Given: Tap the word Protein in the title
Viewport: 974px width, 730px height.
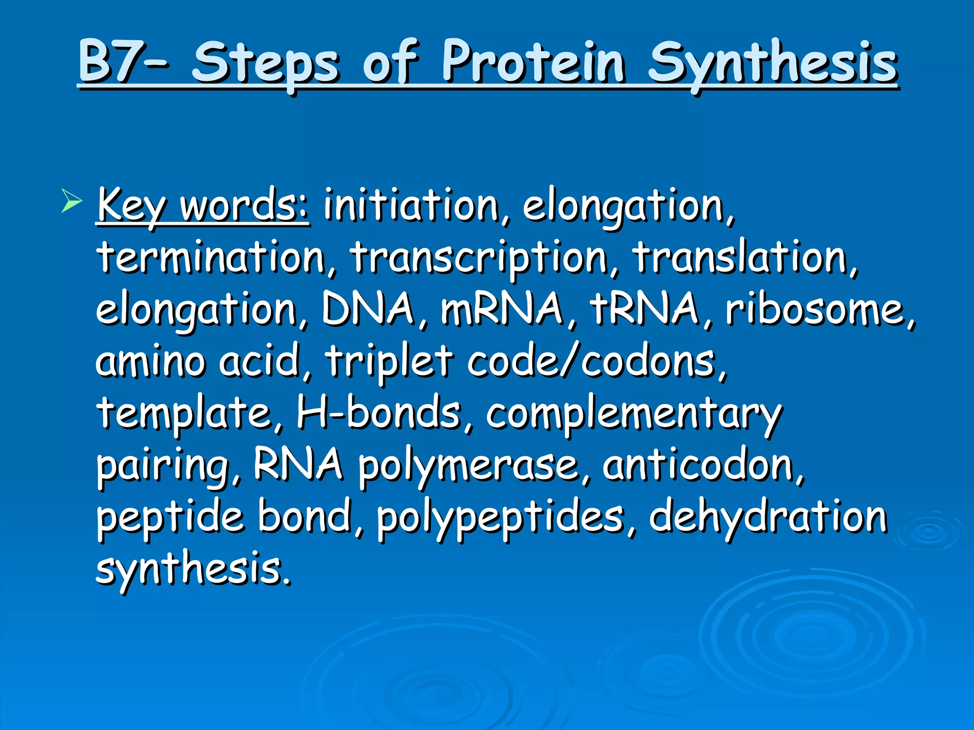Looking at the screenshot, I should click(x=533, y=62).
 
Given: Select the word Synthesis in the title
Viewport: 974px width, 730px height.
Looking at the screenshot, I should click(x=772, y=62).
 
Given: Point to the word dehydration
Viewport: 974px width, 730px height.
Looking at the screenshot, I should click(x=768, y=517).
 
